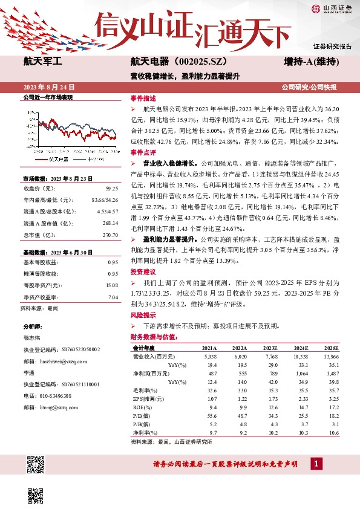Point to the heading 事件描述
coord(143,98)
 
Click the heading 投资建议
coord(143,272)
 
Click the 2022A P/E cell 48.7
coord(240,417)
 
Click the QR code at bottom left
coord(36,465)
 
